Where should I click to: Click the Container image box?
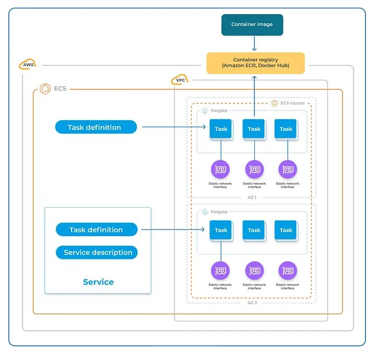pos(252,25)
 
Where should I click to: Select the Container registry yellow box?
pos(255,63)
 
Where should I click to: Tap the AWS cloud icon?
pos(28,65)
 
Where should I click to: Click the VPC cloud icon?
pos(179,80)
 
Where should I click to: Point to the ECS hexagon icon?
pos(45,89)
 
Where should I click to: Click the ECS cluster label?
pos(292,103)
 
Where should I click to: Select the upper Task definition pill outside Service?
pos(96,127)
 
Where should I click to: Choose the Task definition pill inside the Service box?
pos(96,230)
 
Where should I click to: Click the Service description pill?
pos(98,253)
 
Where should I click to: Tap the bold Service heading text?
pos(98,282)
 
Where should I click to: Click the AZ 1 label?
pos(252,198)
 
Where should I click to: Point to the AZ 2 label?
pos(252,303)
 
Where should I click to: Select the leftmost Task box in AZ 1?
pos(221,129)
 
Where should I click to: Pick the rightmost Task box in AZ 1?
pos(286,129)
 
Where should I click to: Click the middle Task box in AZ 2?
pos(254,230)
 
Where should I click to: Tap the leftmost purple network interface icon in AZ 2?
pos(220,271)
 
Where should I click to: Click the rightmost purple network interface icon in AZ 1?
pos(287,169)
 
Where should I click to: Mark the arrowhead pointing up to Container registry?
pos(255,77)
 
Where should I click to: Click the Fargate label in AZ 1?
pos(218,111)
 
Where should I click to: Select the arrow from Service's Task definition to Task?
pos(172,230)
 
